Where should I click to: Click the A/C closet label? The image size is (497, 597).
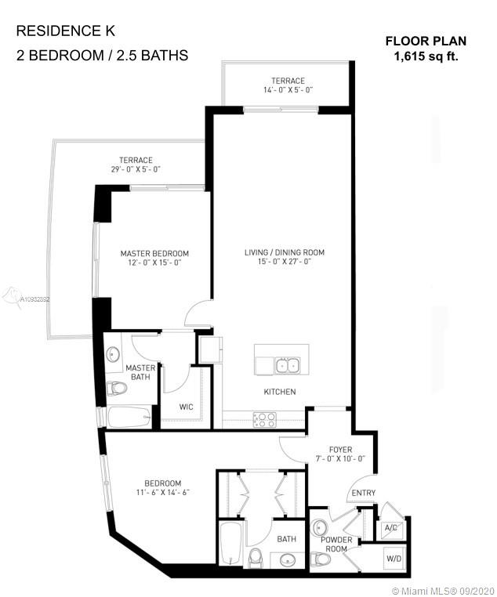click(390, 528)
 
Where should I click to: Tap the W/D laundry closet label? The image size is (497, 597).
click(394, 559)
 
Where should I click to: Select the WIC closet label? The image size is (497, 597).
click(187, 407)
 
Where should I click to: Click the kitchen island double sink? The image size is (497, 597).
click(288, 366)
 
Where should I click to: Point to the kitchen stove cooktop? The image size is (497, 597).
click(265, 420)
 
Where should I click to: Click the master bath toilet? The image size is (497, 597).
click(116, 389)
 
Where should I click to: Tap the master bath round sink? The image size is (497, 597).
click(112, 354)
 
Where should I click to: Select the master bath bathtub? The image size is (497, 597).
click(129, 418)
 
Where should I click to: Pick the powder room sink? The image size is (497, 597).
click(318, 527)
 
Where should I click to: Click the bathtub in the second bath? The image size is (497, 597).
click(230, 544)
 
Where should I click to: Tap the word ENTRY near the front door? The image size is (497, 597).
click(363, 493)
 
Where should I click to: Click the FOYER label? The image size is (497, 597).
click(340, 450)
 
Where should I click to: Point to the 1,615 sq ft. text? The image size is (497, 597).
click(426, 56)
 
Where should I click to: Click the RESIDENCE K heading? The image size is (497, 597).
click(66, 31)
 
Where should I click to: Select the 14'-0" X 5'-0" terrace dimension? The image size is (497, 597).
click(288, 90)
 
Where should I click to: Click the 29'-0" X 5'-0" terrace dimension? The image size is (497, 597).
click(136, 169)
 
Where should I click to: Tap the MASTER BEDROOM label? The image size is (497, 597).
click(154, 254)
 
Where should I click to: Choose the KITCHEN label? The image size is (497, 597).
click(280, 392)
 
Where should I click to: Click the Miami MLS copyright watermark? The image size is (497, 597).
click(443, 591)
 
